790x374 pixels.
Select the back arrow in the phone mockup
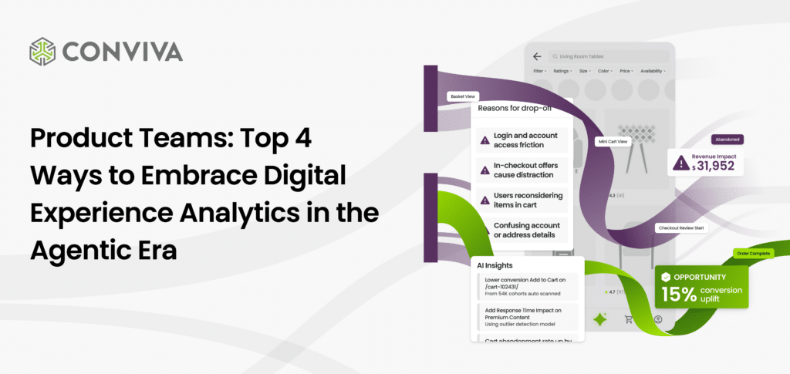click(537, 56)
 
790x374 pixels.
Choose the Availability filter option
click(653, 71)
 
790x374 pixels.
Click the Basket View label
click(463, 96)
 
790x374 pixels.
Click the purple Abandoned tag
click(728, 140)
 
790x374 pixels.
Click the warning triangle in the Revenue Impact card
click(681, 162)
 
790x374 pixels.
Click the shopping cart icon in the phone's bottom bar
click(628, 319)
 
